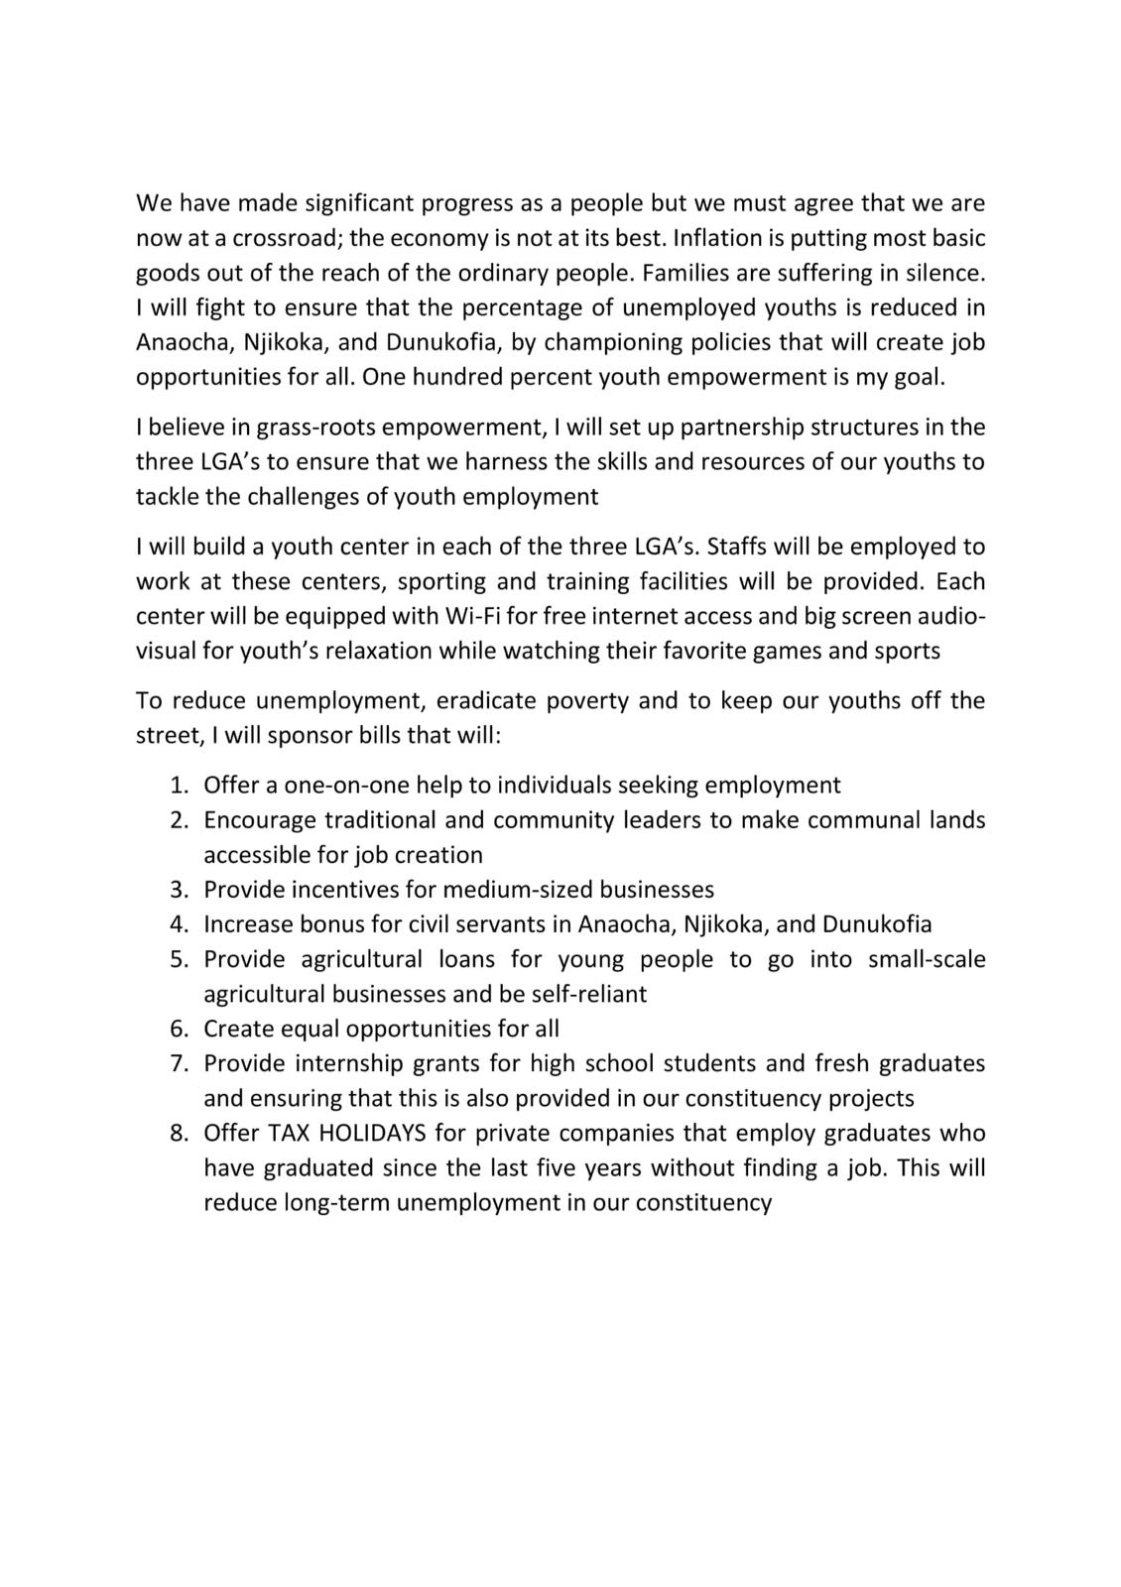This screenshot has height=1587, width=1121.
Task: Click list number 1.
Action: click(x=179, y=786)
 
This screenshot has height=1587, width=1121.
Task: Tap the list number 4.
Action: click(x=179, y=924)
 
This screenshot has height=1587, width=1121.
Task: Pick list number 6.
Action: click(x=179, y=1029)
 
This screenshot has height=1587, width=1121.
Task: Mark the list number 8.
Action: click(x=179, y=1133)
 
